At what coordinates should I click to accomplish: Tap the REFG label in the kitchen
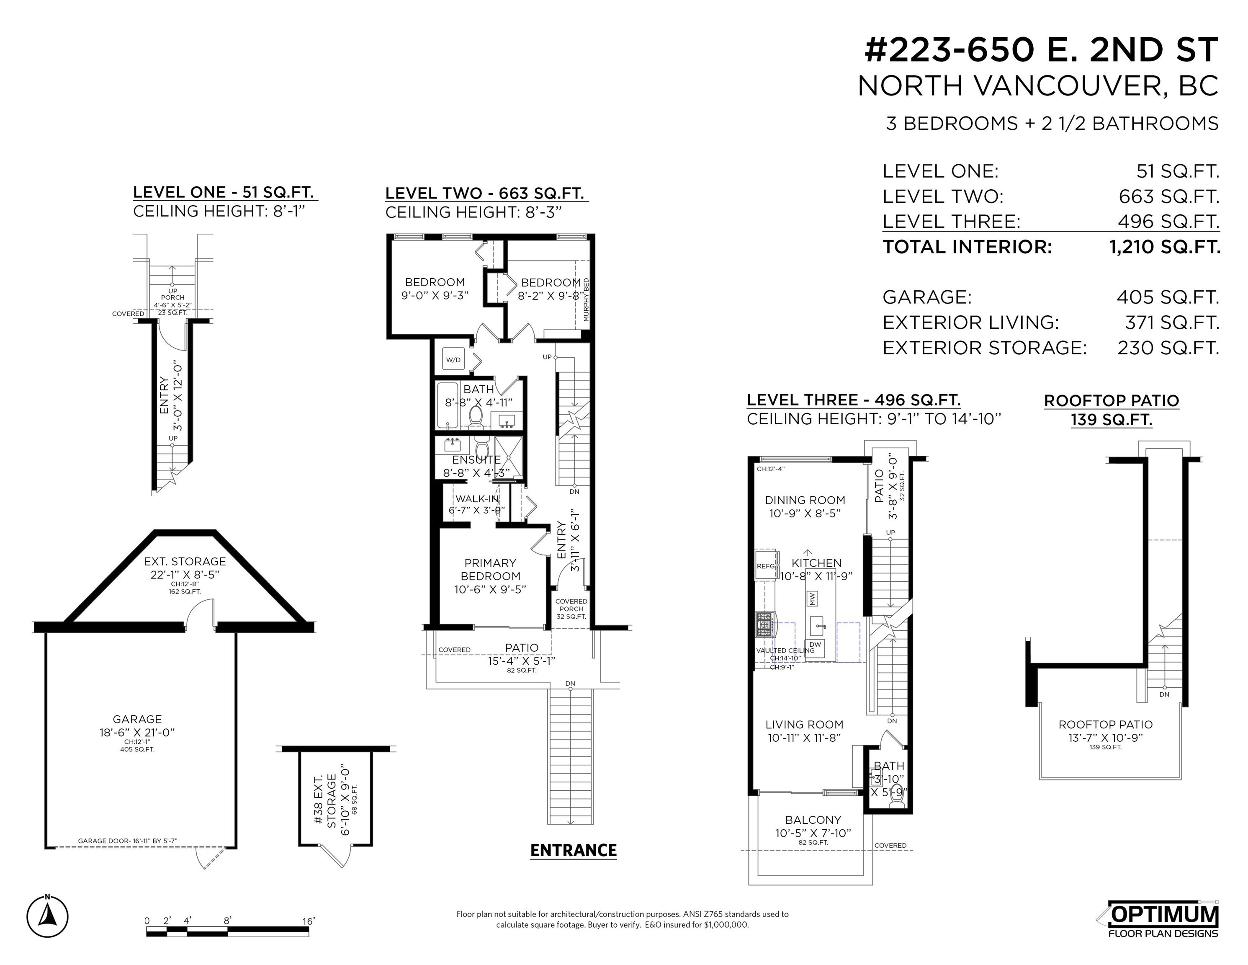(766, 566)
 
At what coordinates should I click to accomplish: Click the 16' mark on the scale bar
(309, 921)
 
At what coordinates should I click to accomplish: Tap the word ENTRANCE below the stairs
(573, 851)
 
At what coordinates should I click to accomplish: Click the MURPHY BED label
(586, 299)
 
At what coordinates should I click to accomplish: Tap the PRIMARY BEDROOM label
(490, 569)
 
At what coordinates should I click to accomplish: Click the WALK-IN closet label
(476, 498)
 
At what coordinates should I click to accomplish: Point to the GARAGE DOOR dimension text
(127, 841)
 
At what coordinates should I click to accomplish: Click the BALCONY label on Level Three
(813, 820)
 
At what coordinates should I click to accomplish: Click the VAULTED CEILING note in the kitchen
(785, 650)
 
